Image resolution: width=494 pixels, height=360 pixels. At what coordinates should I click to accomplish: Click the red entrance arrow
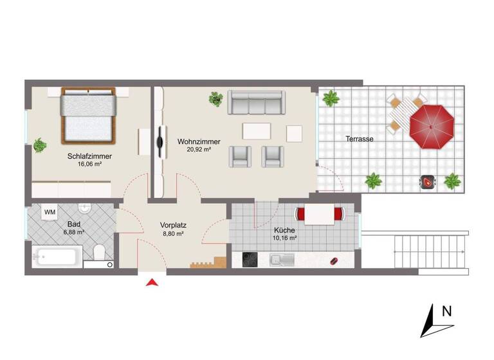pyautogui.click(x=152, y=283)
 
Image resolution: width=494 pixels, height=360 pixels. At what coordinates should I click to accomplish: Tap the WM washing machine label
pyautogui.click(x=49, y=212)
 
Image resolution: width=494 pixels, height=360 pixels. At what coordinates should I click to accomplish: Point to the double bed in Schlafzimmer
pyautogui.click(x=88, y=116)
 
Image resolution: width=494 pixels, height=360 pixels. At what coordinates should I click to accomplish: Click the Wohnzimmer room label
pyautogui.click(x=199, y=141)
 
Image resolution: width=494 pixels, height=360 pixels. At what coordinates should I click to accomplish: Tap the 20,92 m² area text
pyautogui.click(x=199, y=149)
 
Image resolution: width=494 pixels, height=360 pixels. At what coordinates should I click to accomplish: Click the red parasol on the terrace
pyautogui.click(x=432, y=125)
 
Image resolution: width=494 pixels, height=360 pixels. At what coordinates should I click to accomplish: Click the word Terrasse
pyautogui.click(x=360, y=138)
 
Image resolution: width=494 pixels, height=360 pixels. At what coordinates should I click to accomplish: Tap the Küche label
pyautogui.click(x=284, y=230)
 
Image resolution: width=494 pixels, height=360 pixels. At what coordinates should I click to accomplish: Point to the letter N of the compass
pyautogui.click(x=446, y=311)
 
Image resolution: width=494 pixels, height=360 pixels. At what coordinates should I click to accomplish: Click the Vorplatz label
pyautogui.click(x=173, y=226)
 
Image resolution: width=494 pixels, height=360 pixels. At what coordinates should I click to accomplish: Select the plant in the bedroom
pyautogui.click(x=40, y=145)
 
